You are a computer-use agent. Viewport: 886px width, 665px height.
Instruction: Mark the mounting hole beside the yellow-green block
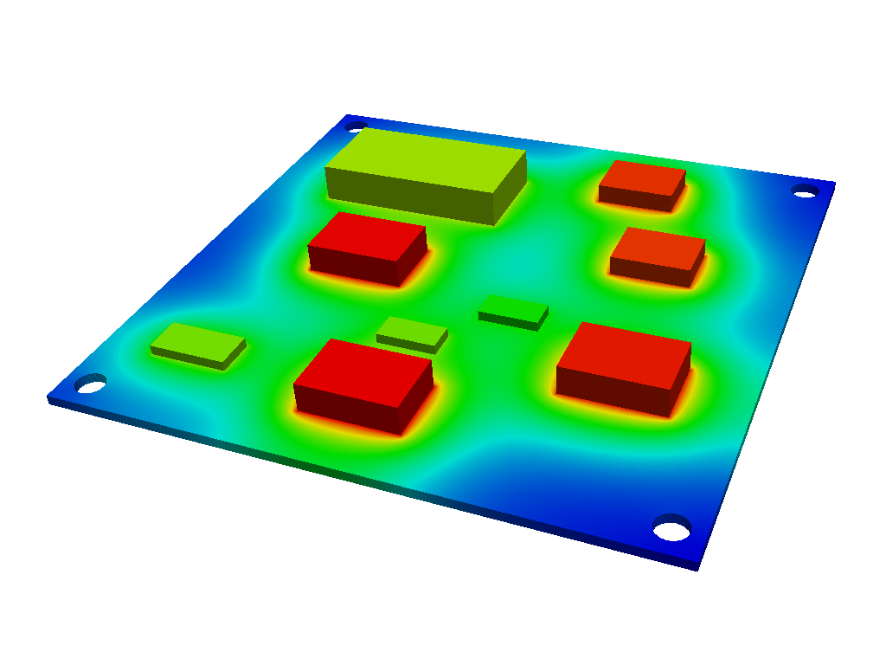355,126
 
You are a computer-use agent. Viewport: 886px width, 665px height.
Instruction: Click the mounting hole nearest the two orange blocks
805,190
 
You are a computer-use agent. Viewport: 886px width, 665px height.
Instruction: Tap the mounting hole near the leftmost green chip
90,383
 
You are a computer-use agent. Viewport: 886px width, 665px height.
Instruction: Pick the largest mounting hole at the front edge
671,526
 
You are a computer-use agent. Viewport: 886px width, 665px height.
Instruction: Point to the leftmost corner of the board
48,398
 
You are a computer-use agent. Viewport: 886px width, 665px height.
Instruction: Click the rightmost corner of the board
835,182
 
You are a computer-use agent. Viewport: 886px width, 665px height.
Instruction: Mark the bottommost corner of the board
698,568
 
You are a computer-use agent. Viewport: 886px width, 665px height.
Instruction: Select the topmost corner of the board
347,114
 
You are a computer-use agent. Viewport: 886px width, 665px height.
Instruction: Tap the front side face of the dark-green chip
509,320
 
